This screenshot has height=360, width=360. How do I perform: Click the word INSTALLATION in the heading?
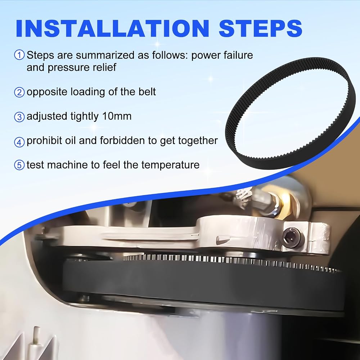point(112,28)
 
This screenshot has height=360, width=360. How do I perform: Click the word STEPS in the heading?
point(261,28)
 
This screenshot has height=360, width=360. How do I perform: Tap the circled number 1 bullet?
point(19,55)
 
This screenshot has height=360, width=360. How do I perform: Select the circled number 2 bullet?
point(19,92)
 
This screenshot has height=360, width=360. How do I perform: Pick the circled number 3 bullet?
point(19,117)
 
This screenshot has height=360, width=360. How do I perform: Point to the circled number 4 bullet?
point(19,142)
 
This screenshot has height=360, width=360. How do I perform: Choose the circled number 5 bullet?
point(19,165)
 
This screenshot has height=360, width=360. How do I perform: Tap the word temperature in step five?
point(170,165)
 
